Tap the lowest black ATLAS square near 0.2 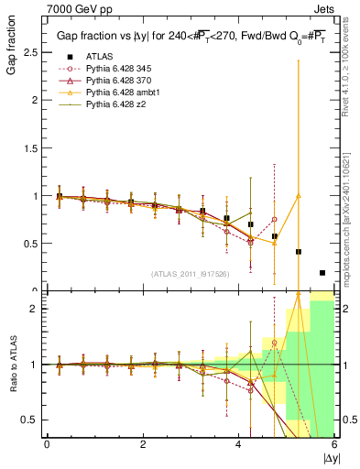(322, 272)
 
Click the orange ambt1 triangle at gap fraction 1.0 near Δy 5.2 (299, 195)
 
